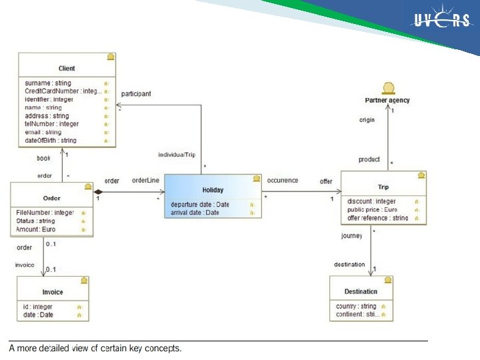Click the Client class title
point(67,68)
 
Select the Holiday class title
point(213,190)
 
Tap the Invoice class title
point(53,292)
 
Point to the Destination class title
point(361,291)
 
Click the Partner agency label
point(387,100)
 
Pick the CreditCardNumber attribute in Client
point(63,91)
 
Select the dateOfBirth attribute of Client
point(51,141)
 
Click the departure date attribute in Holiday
point(200,205)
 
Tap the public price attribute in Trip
point(372,209)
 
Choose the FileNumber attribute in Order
point(45,213)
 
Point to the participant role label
point(136,94)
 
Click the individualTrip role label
point(177,155)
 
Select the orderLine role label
point(145,181)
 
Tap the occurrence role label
point(283,181)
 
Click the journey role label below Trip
point(352,236)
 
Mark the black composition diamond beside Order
point(99,192)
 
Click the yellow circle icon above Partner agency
point(387,88)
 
